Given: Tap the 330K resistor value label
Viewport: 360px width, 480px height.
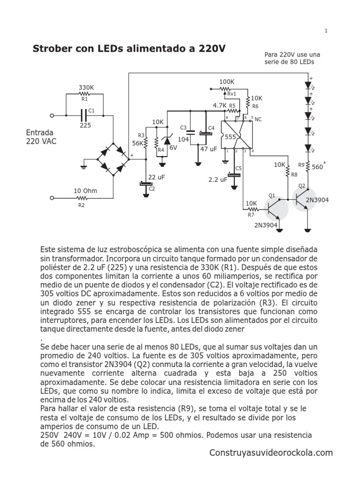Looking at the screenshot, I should coord(86,88).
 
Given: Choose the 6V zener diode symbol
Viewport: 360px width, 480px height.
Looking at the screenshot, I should coord(165,140).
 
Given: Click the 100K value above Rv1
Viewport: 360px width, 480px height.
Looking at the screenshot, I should coord(226,82).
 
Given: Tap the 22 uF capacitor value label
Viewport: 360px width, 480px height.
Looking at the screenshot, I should coord(157,177).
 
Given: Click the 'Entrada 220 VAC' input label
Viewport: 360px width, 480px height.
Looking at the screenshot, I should coord(41,137).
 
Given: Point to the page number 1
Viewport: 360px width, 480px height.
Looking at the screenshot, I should coord(325,31).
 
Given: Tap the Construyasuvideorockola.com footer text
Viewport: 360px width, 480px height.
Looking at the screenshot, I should coord(271,453).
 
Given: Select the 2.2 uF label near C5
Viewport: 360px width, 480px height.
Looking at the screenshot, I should coord(218,179).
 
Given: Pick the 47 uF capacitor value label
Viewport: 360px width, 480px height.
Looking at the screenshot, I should coord(209,149).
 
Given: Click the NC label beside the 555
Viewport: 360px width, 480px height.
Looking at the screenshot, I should coord(257,120).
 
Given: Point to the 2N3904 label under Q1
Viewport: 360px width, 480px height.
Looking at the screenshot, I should coord(267,225).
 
